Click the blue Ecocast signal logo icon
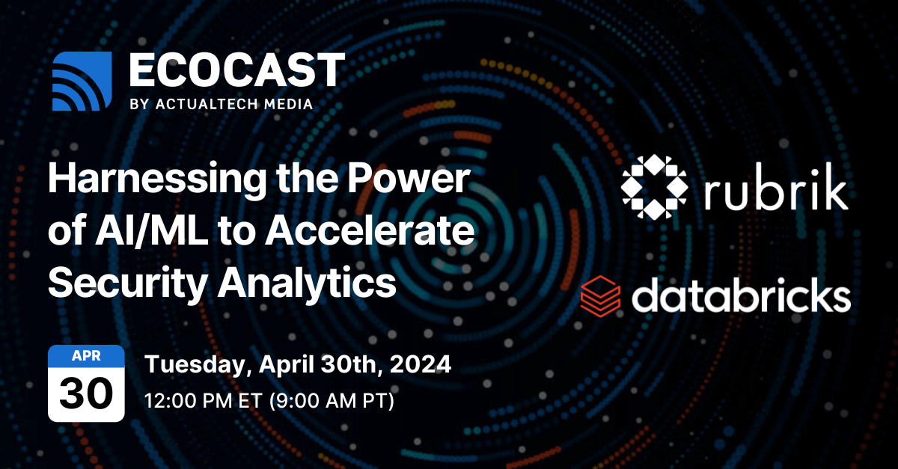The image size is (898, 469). tap(82, 82)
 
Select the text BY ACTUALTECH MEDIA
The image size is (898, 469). tap(221, 104)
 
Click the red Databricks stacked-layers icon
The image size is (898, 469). tap(600, 294)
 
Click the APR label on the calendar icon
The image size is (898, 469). tap(86, 356)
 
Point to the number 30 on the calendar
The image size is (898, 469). tap(86, 392)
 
